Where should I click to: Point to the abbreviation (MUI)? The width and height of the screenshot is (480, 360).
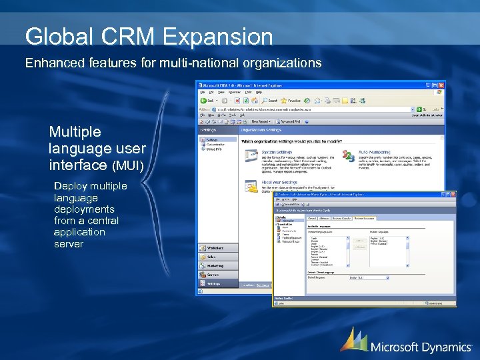click(128, 165)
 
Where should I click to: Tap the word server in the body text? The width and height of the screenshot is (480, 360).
click(69, 244)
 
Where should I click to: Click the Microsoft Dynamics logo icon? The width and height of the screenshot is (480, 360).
click(353, 339)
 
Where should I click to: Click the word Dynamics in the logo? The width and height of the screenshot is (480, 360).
click(446, 347)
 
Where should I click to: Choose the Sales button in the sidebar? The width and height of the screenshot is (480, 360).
click(212, 257)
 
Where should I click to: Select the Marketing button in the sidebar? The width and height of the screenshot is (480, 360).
click(215, 265)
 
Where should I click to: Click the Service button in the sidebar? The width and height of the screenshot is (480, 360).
click(213, 274)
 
